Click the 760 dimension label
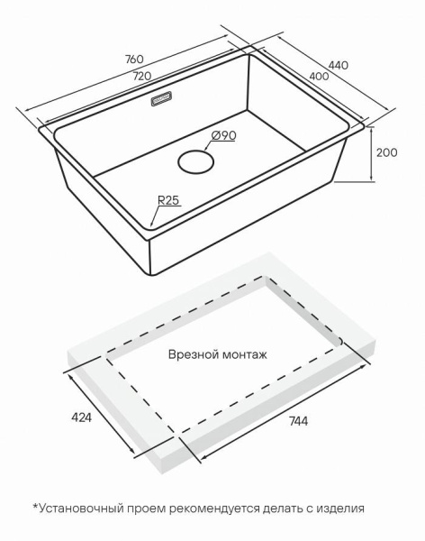pyautogui.click(x=134, y=60)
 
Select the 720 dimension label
pyautogui.click(x=142, y=76)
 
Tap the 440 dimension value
pyautogui.click(x=339, y=65)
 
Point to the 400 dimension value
pyautogui.click(x=319, y=77)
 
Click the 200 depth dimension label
pyautogui.click(x=386, y=152)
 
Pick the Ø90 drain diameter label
pyautogui.click(x=224, y=135)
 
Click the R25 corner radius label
pyautogui.click(x=168, y=200)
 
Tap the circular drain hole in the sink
pyautogui.click(x=195, y=161)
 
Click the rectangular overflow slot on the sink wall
pyautogui.click(x=161, y=98)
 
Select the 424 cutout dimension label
pyautogui.click(x=81, y=417)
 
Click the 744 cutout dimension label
pyautogui.click(x=298, y=421)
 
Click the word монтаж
pyautogui.click(x=244, y=355)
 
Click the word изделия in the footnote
pyautogui.click(x=340, y=509)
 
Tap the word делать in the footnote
pyautogui.click(x=283, y=509)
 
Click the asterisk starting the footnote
pyautogui.click(x=35, y=506)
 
